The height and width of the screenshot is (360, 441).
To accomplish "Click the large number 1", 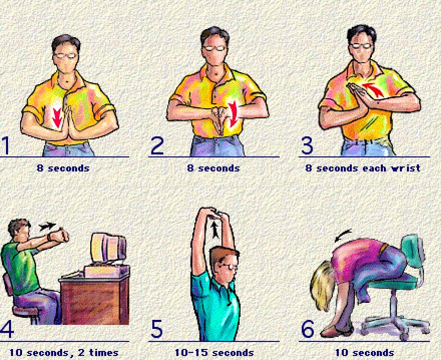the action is (6, 145).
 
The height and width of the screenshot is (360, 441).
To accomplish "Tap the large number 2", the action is (157, 145).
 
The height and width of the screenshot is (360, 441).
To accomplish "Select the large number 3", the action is (307, 145).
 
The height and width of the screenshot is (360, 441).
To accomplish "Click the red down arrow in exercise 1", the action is (57, 118).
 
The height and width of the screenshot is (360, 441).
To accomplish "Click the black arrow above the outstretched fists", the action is (47, 226).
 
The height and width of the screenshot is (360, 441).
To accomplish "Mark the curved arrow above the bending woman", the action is (343, 235).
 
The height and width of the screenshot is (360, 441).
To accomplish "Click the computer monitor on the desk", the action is (108, 248).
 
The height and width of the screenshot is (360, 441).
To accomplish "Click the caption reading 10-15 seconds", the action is (214, 352).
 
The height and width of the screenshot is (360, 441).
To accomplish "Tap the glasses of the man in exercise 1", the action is (66, 56).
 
